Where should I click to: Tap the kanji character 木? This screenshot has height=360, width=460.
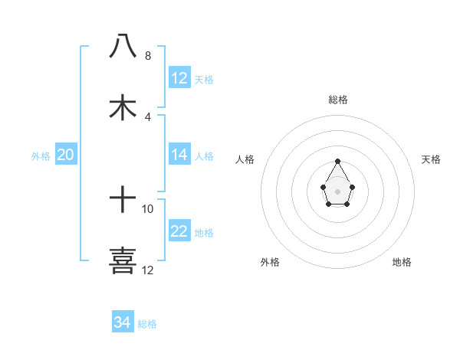tap(123, 107)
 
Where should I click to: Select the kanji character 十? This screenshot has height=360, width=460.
tap(123, 201)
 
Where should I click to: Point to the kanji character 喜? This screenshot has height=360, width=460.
tap(123, 260)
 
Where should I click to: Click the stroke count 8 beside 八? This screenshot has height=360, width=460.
tap(148, 56)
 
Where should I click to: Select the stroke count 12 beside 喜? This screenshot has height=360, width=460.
tap(148, 270)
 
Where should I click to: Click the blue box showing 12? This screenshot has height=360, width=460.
tap(179, 78)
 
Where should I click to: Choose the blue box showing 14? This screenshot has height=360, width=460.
tap(179, 155)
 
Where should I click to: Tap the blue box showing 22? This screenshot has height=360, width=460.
tap(179, 231)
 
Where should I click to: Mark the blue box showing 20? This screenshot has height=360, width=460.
tap(65, 155)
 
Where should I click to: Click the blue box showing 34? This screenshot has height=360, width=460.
tap(123, 322)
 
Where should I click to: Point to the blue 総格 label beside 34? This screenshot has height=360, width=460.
tap(147, 324)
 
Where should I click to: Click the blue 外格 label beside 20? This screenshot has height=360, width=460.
tap(41, 156)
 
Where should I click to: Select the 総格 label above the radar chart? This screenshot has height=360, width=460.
tap(338, 100)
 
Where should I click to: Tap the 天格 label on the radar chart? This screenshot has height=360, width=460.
tap(431, 159)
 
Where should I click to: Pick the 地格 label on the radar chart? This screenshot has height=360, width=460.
tap(402, 262)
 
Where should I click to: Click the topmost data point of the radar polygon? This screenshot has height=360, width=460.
tap(337, 162)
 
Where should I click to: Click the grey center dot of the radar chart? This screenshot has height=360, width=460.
tap(337, 190)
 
